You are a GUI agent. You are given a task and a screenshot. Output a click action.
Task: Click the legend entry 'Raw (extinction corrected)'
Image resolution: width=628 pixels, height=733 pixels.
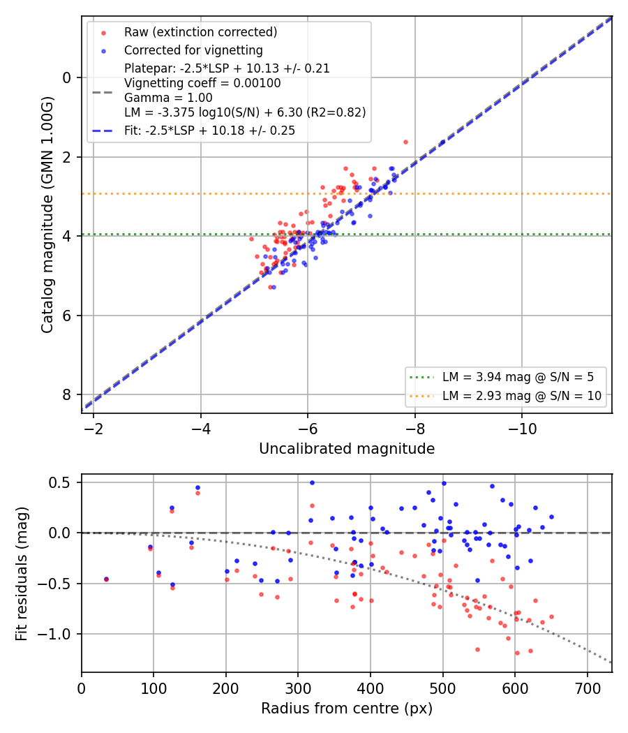[200, 32]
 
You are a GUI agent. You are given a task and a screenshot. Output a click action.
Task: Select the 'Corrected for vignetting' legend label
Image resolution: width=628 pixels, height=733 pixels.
[193, 50]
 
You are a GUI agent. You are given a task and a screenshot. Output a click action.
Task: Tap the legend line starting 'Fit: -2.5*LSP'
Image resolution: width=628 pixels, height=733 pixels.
[209, 131]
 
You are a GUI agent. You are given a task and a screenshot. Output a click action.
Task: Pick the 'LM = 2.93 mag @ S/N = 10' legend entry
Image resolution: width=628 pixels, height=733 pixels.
[522, 396]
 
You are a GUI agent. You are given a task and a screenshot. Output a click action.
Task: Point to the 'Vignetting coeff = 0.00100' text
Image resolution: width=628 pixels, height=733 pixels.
[202, 83]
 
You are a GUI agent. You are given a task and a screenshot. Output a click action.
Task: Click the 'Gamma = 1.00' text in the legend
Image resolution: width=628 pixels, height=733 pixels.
[168, 98]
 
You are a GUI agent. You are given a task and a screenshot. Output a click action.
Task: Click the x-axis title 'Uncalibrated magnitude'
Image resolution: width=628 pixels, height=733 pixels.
[347, 449]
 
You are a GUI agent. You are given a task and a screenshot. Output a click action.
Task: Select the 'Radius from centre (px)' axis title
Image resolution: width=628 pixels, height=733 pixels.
[347, 709]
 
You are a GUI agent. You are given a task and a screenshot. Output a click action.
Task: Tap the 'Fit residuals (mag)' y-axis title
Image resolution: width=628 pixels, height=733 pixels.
[21, 574]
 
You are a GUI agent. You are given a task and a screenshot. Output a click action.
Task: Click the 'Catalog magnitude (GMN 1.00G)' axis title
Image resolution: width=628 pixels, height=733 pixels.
[47, 215]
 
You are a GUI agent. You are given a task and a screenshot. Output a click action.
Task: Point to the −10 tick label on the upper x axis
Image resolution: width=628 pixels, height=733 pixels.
[522, 429]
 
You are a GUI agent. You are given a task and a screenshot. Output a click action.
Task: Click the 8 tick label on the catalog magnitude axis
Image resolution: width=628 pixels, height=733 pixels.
[67, 395]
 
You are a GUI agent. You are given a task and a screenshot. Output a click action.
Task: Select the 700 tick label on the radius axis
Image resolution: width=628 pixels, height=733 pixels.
[587, 688]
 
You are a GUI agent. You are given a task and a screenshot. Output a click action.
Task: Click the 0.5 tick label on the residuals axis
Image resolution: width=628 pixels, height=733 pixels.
[61, 482]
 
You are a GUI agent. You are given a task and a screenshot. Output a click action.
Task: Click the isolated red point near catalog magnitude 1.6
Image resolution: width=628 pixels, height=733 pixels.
[405, 142]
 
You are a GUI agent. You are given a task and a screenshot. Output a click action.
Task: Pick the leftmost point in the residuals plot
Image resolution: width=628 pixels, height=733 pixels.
[106, 579]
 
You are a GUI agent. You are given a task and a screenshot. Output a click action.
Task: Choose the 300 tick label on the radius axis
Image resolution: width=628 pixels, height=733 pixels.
[298, 688]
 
